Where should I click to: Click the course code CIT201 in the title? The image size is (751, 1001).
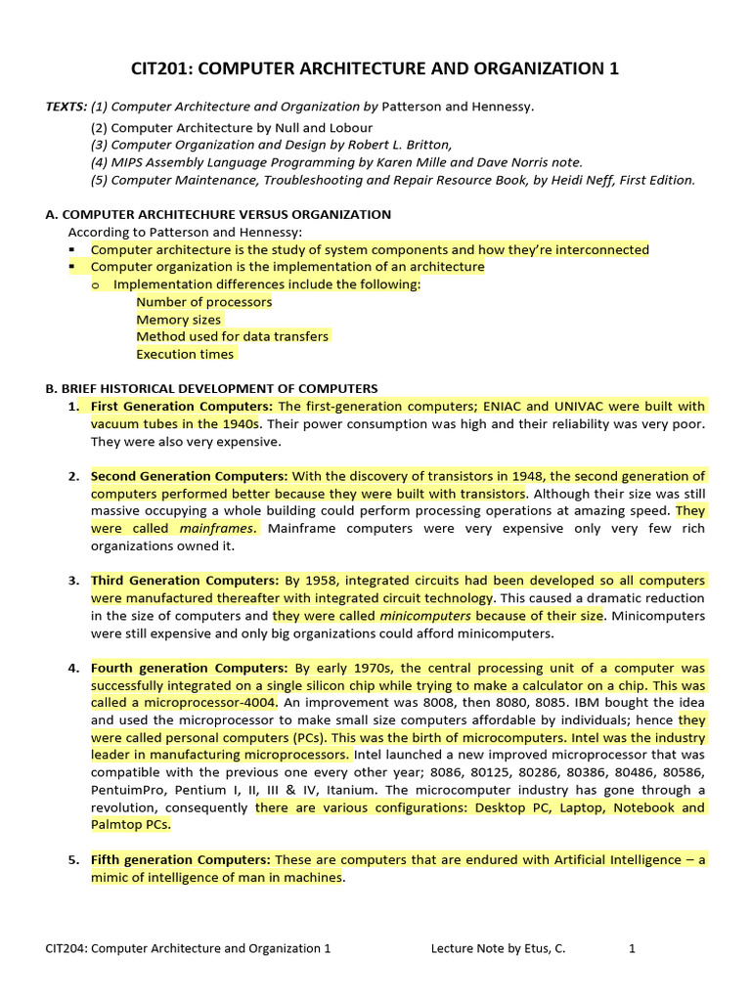tap(161, 68)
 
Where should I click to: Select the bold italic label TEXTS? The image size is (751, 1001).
tap(66, 107)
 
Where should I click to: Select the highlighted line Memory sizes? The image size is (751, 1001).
tap(178, 320)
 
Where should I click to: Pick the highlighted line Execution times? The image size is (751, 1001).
tap(185, 355)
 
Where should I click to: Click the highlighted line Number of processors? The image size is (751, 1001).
tap(203, 302)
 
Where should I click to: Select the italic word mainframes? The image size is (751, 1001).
tap(218, 529)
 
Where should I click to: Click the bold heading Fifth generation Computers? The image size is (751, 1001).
tap(181, 860)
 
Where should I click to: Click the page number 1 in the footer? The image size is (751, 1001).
tap(632, 948)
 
